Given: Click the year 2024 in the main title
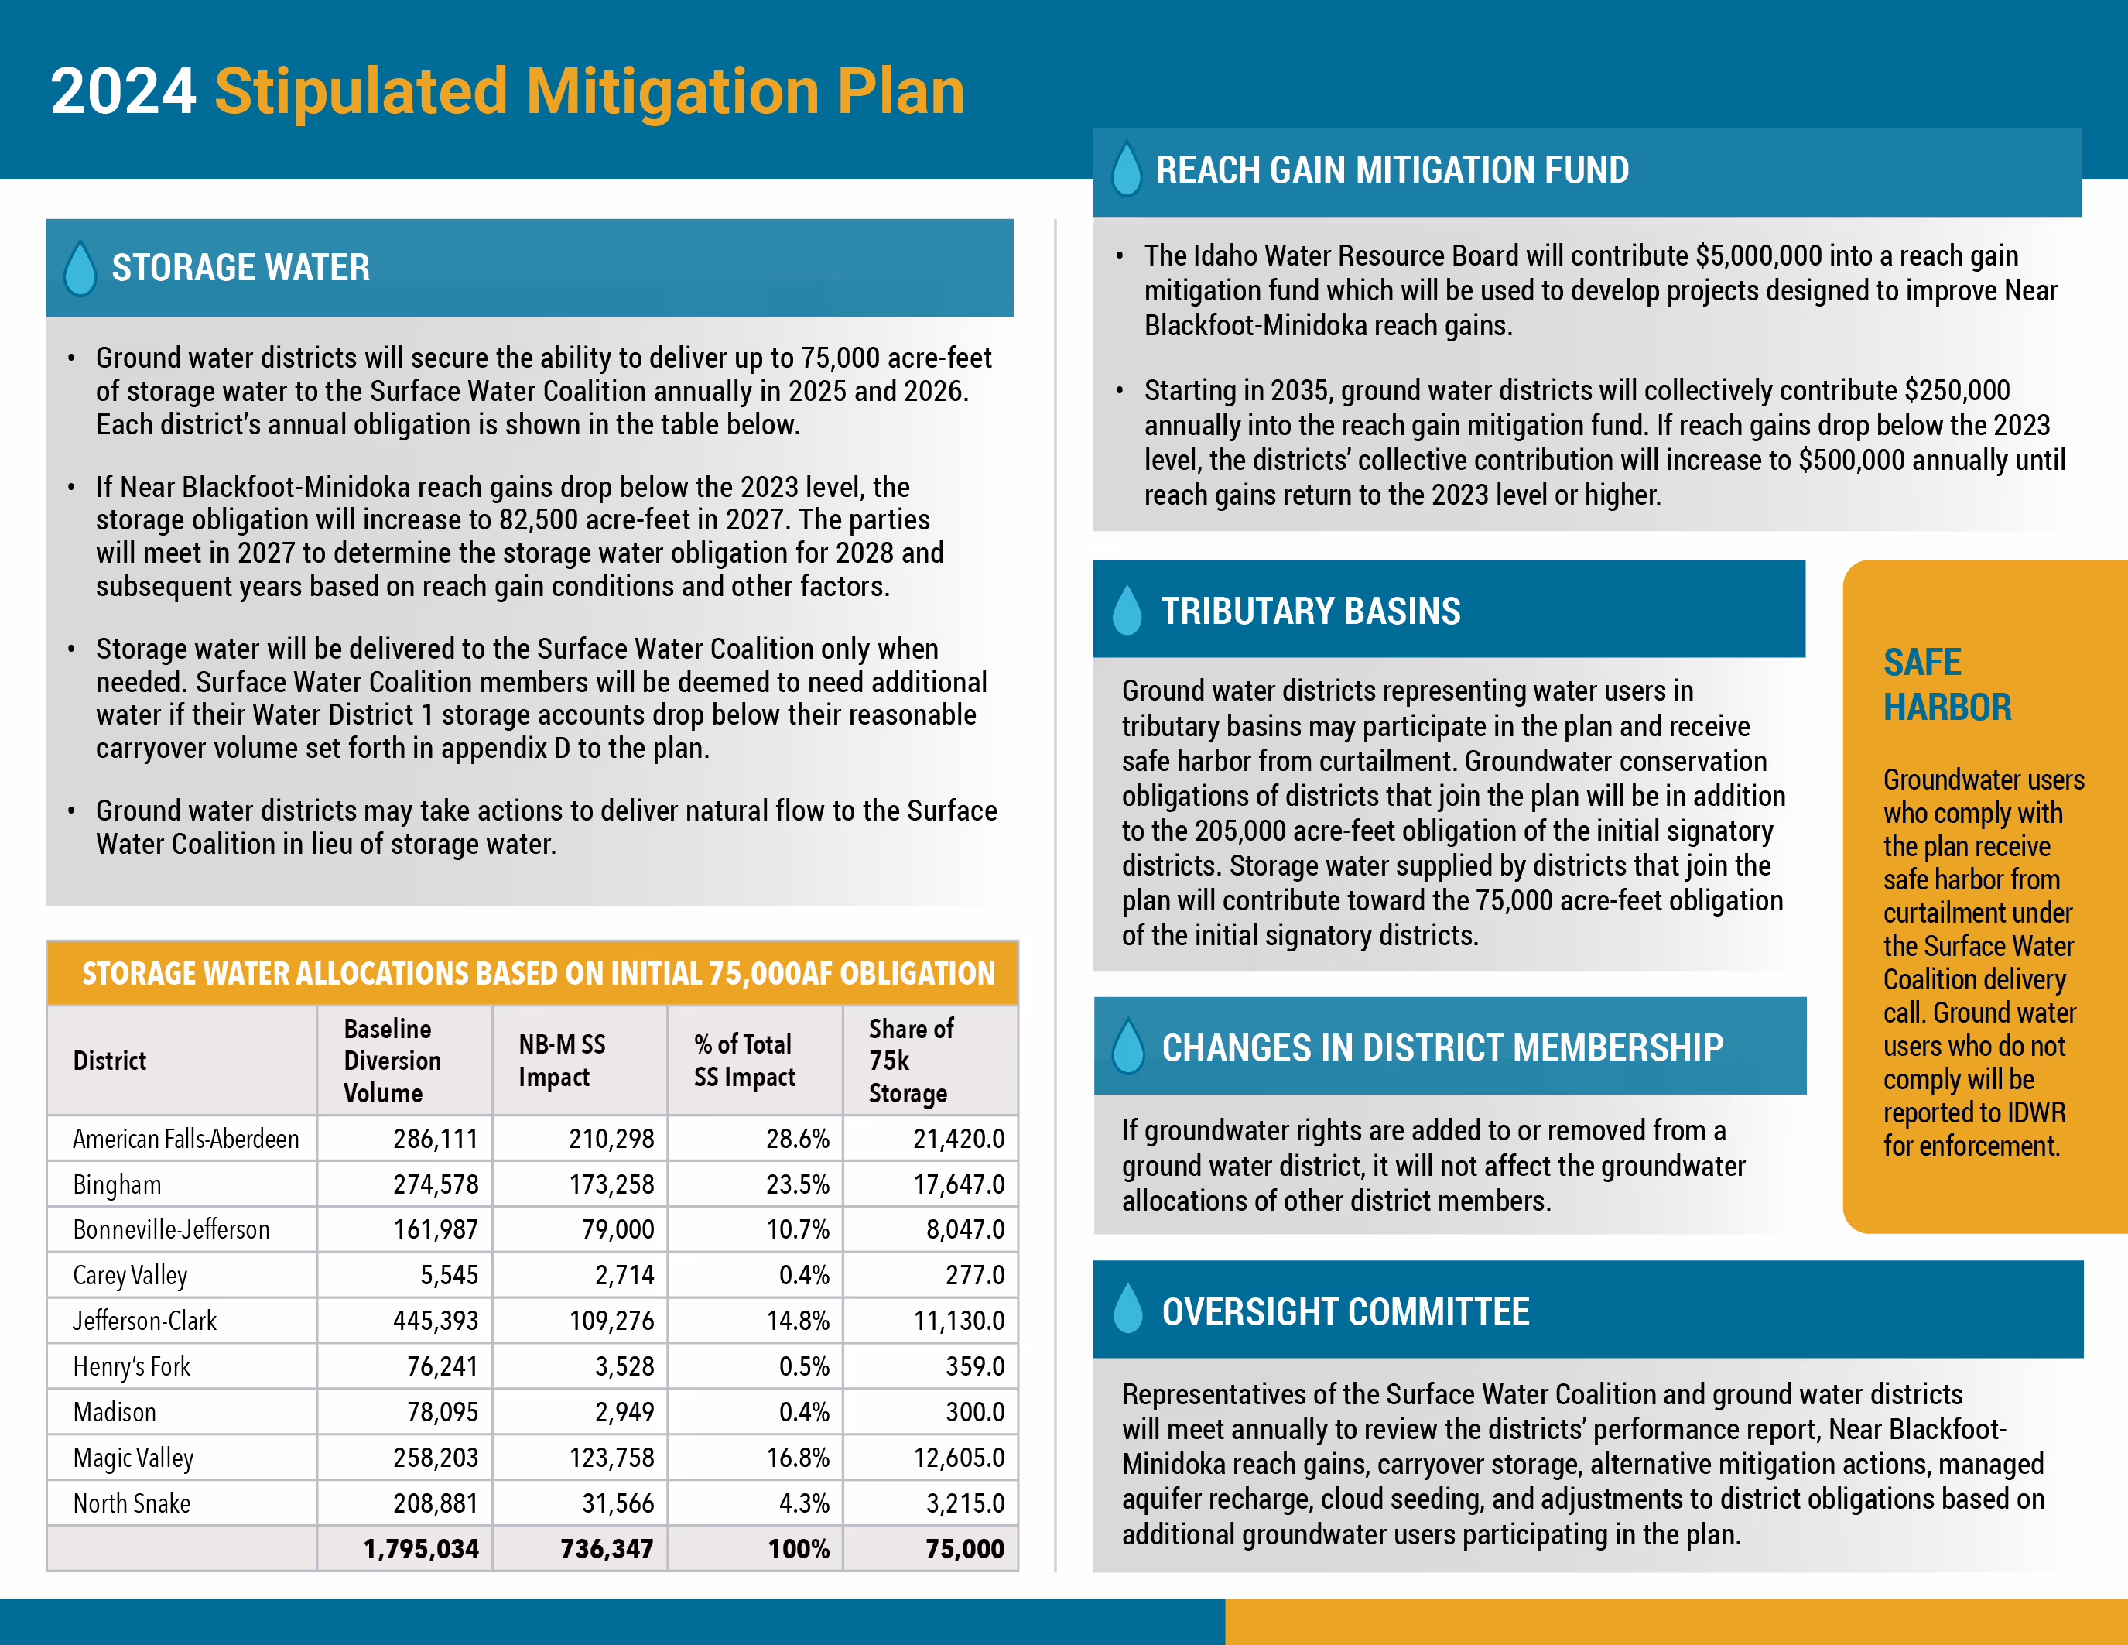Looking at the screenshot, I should click(x=123, y=91).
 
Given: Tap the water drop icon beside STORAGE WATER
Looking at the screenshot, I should click(x=80, y=268).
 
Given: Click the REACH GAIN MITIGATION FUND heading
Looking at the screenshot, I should click(x=1391, y=170).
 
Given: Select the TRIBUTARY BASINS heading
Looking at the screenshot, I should click(x=1311, y=611).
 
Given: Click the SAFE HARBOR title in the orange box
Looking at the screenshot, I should click(x=1946, y=684).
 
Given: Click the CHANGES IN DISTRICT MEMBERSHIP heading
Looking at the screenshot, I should click(x=1442, y=1047).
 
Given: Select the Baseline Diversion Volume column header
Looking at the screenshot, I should click(x=392, y=1061).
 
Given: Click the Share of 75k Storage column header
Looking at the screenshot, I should click(x=910, y=1061).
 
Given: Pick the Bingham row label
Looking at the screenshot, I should click(x=117, y=1184).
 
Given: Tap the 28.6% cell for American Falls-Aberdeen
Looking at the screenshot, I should click(x=797, y=1138).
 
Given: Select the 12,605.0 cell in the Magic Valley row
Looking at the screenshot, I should click(x=958, y=1458).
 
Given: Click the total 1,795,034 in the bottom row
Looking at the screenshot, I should click(x=421, y=1548).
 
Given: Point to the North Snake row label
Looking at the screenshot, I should click(x=132, y=1503).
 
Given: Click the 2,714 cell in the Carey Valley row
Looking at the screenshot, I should click(x=624, y=1275).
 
